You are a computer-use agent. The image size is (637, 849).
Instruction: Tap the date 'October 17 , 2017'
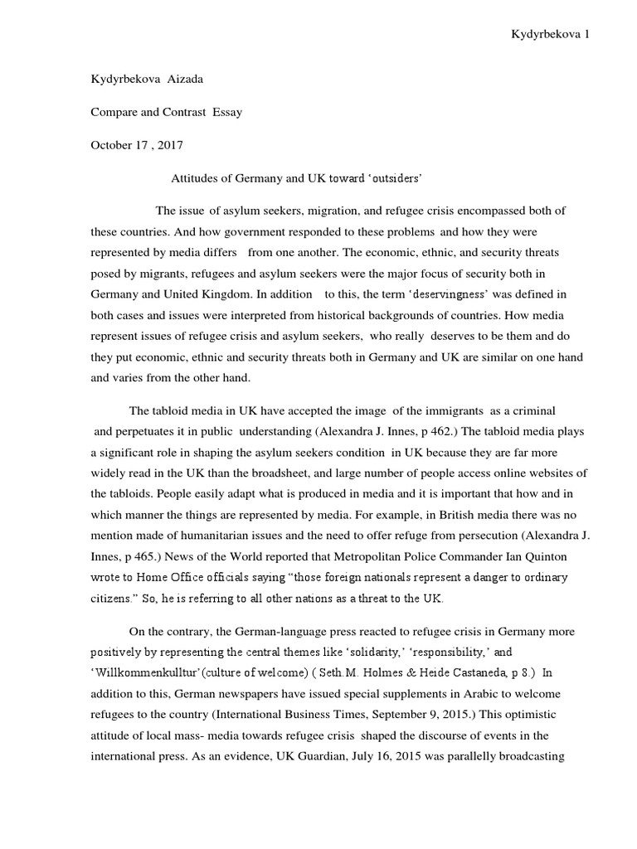click(136, 144)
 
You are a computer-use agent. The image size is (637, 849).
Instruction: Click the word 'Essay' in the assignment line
click(226, 113)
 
